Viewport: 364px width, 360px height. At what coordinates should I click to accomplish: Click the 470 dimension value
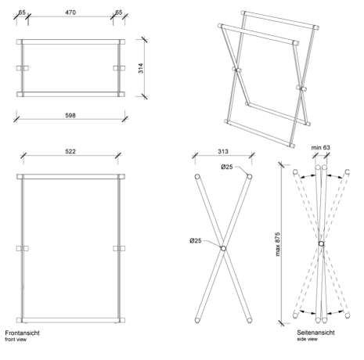(70, 13)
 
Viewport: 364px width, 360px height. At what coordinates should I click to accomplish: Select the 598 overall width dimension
(70, 115)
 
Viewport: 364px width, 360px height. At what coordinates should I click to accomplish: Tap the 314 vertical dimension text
(141, 68)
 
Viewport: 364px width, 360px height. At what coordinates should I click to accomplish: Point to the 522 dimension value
(70, 151)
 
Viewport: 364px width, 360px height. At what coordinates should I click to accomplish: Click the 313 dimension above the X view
(223, 151)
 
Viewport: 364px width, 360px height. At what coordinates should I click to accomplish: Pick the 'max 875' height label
(277, 244)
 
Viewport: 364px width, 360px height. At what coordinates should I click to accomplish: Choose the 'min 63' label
(320, 148)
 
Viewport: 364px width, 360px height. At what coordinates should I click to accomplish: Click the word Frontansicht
(23, 333)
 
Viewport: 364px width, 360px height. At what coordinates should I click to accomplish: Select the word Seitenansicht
(315, 333)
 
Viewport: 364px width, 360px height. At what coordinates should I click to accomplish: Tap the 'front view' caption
(16, 340)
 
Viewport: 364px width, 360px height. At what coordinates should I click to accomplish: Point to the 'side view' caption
(307, 339)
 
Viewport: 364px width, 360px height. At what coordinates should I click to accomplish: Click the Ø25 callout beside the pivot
(196, 240)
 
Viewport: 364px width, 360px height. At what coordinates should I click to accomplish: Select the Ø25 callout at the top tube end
(227, 167)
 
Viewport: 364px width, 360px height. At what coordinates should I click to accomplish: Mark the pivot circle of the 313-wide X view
(223, 248)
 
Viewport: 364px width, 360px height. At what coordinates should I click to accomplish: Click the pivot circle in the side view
(322, 243)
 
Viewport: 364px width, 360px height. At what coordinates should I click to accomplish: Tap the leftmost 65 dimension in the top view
(22, 13)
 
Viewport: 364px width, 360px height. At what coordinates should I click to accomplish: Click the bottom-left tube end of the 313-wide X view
(197, 320)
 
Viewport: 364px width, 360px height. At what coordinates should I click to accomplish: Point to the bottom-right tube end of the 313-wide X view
(250, 320)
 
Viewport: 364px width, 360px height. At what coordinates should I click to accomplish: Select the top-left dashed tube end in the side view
(295, 172)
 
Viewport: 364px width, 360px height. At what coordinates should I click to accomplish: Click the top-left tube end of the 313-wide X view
(197, 177)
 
